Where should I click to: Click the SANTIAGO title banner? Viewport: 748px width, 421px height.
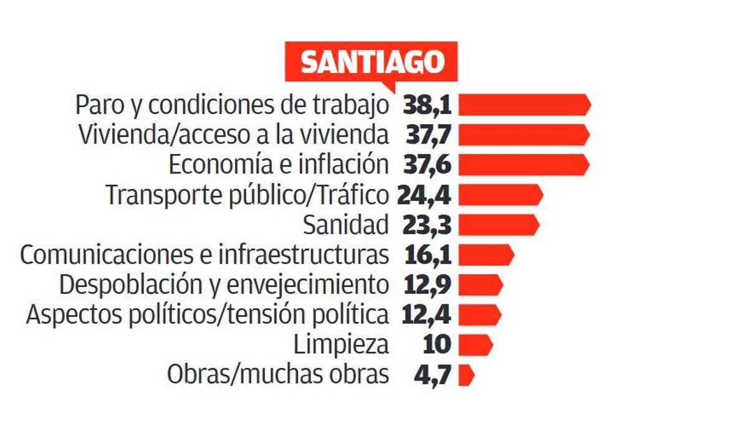tap(372, 62)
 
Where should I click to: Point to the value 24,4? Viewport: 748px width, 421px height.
tap(424, 195)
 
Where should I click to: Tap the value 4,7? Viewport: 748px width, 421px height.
tap(431, 375)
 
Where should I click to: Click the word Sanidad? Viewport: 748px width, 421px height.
tap(346, 225)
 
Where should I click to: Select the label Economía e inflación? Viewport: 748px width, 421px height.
tap(279, 165)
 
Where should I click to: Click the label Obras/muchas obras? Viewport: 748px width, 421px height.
tap(278, 375)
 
